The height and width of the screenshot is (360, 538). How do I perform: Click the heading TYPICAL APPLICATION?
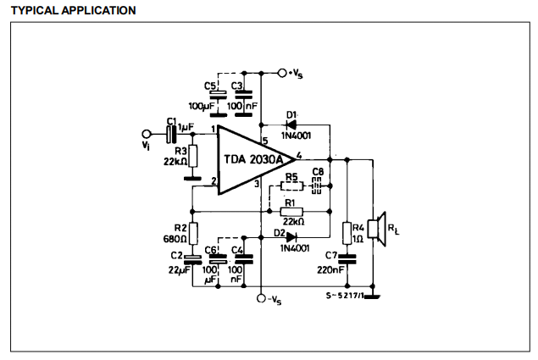(74, 10)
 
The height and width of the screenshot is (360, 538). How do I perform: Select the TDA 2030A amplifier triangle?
(257, 160)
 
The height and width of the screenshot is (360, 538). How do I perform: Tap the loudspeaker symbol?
(377, 229)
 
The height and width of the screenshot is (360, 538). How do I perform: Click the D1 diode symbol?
(291, 125)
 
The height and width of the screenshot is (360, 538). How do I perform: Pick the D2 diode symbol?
(291, 237)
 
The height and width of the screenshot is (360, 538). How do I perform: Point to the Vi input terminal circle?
(147, 134)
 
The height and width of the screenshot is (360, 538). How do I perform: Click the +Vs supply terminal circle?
(282, 73)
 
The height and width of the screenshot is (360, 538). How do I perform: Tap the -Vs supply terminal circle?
(261, 298)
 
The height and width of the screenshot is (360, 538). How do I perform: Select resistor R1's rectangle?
(291, 212)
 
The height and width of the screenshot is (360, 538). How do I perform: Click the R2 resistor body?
(193, 234)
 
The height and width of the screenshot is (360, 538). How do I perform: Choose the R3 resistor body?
(193, 156)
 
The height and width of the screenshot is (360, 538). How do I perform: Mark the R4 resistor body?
(347, 233)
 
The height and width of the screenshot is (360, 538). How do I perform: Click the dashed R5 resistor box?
(292, 186)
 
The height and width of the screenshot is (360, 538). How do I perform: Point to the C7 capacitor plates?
(347, 258)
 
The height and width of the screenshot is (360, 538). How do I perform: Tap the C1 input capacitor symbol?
(171, 134)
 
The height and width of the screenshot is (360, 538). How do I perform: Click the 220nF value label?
(330, 270)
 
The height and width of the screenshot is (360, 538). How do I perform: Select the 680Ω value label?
(175, 239)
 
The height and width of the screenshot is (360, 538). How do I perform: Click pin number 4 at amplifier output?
(299, 156)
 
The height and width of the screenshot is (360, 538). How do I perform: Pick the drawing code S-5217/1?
(345, 296)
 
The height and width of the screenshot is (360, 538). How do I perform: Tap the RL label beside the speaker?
(394, 229)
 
